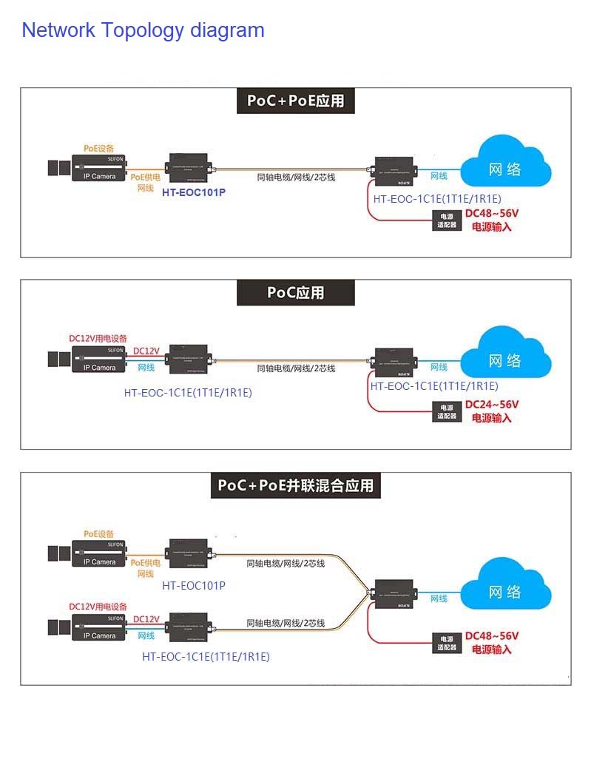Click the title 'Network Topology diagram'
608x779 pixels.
[143, 30]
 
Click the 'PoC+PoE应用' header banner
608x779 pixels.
[295, 101]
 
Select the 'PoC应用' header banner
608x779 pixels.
[295, 292]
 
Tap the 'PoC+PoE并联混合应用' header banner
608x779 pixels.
[295, 485]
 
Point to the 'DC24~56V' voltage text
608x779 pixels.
[492, 405]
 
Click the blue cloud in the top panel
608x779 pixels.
[505, 168]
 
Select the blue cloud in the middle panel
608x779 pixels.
[505, 360]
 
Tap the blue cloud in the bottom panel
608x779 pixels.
[505, 591]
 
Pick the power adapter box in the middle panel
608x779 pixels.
[447, 412]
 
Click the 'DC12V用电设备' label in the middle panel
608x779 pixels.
[98, 338]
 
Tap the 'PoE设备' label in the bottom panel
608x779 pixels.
[98, 533]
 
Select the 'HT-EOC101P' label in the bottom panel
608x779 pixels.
[193, 586]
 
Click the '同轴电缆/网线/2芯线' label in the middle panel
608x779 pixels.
[296, 368]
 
